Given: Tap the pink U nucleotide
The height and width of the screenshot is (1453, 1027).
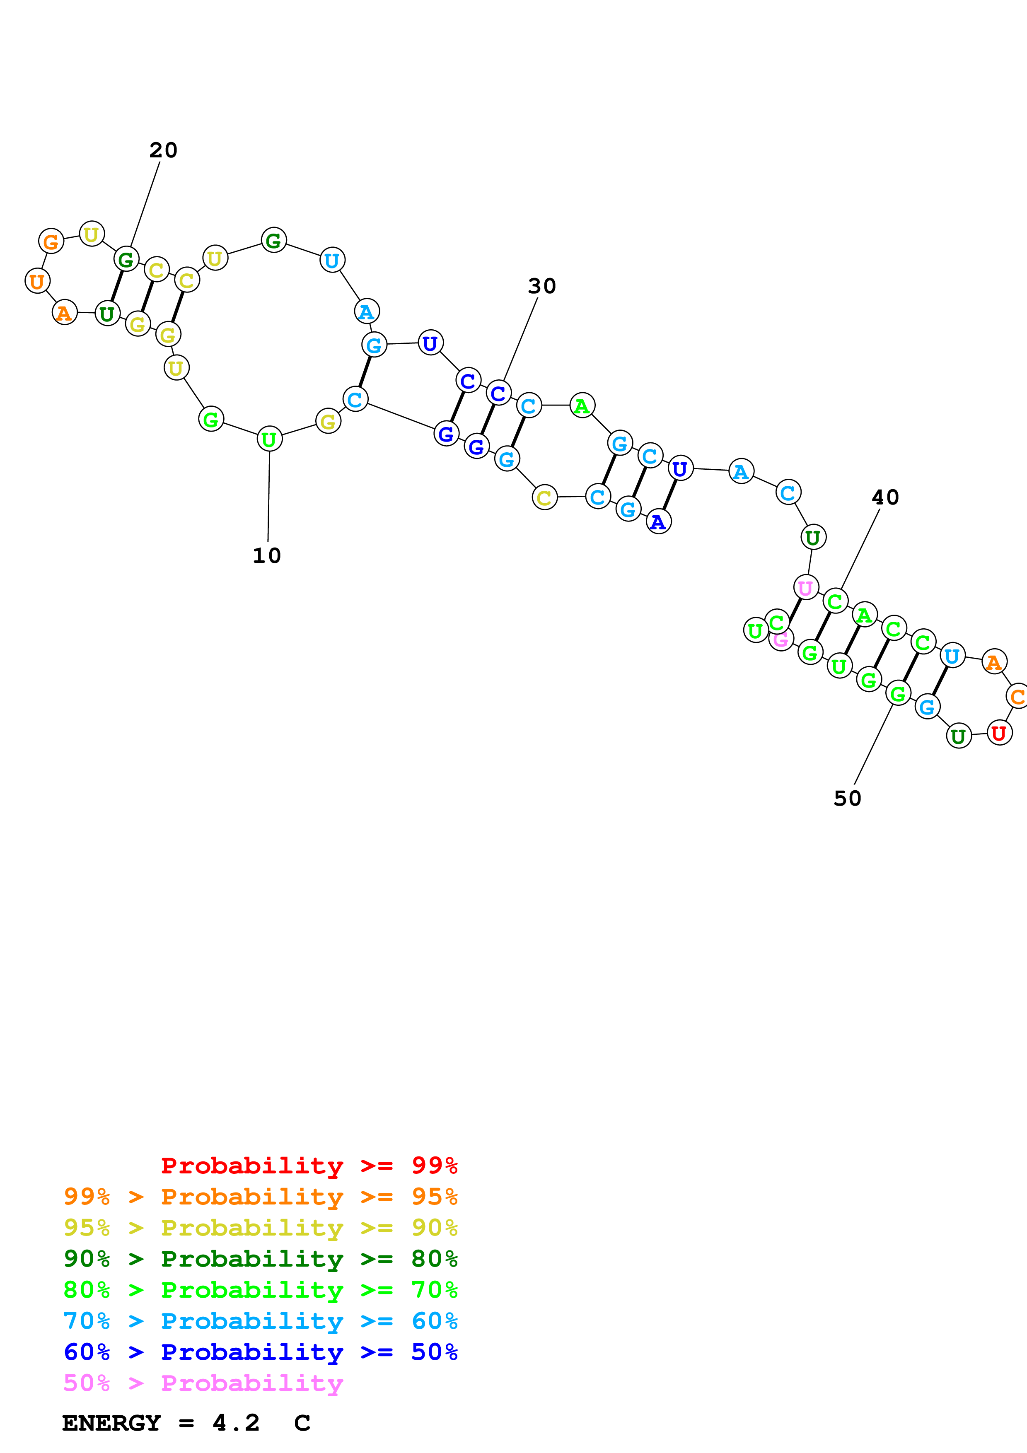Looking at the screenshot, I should tap(805, 588).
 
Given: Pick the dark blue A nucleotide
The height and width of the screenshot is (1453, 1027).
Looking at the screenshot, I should tap(659, 521).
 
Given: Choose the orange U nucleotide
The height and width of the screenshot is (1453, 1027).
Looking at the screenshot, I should tap(37, 281).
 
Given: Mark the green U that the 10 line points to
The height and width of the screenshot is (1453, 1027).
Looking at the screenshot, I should tap(270, 439).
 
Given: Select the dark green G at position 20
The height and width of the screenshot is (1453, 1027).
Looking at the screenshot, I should tap(126, 259).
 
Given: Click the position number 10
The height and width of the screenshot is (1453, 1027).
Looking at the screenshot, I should tap(266, 555).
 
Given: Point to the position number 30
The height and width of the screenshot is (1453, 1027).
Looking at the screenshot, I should tap(541, 286).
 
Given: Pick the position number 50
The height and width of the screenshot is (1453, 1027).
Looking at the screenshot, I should tap(847, 799).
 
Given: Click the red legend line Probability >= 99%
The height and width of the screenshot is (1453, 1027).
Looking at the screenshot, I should tap(309, 1165).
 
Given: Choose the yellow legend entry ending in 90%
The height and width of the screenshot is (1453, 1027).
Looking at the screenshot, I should tap(260, 1227).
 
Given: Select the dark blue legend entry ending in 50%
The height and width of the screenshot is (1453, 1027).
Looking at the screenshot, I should tap(260, 1352).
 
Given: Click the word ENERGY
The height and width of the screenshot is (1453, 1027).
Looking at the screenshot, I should tap(111, 1423).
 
